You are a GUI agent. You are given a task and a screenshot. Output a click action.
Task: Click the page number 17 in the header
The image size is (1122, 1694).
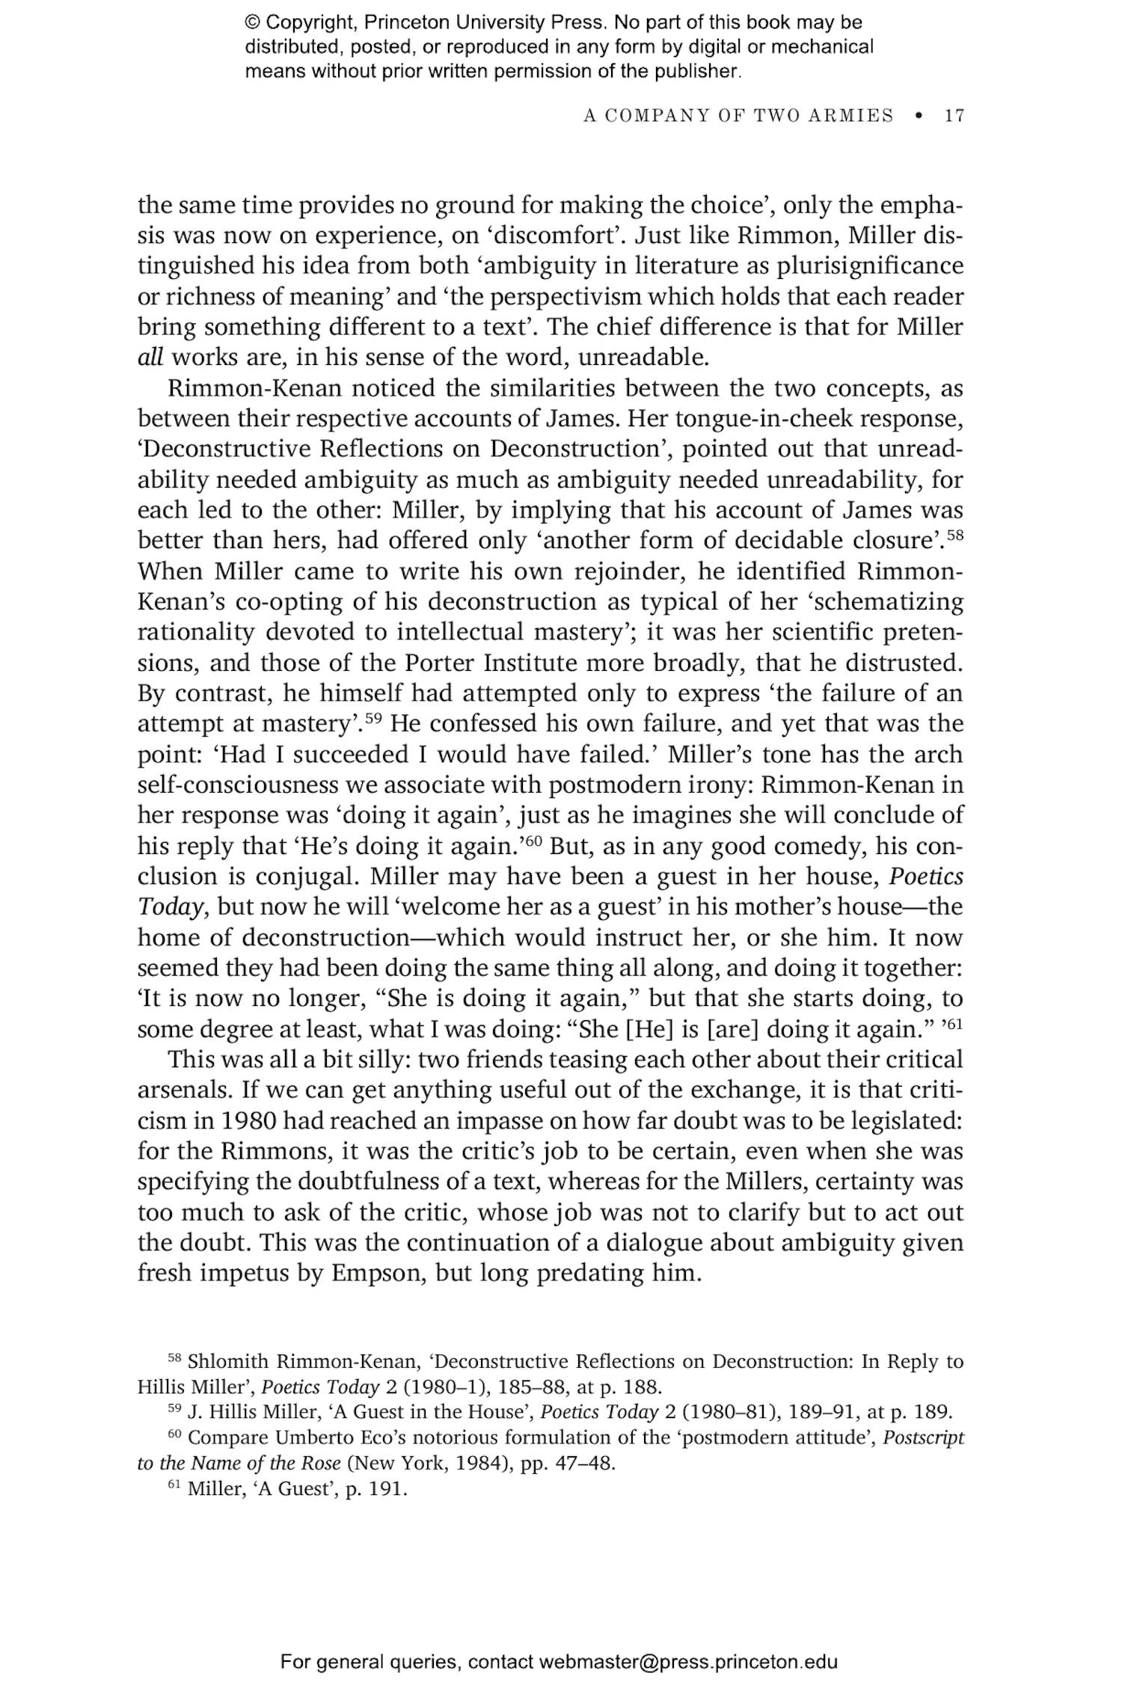pyautogui.click(x=954, y=116)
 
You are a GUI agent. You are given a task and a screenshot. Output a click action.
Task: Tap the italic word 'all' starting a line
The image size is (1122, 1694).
pyautogui.click(x=150, y=357)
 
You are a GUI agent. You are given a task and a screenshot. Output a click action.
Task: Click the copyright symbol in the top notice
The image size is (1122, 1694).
pyautogui.click(x=252, y=22)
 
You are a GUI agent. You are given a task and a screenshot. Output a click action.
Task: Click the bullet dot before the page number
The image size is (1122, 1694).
pyautogui.click(x=919, y=116)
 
